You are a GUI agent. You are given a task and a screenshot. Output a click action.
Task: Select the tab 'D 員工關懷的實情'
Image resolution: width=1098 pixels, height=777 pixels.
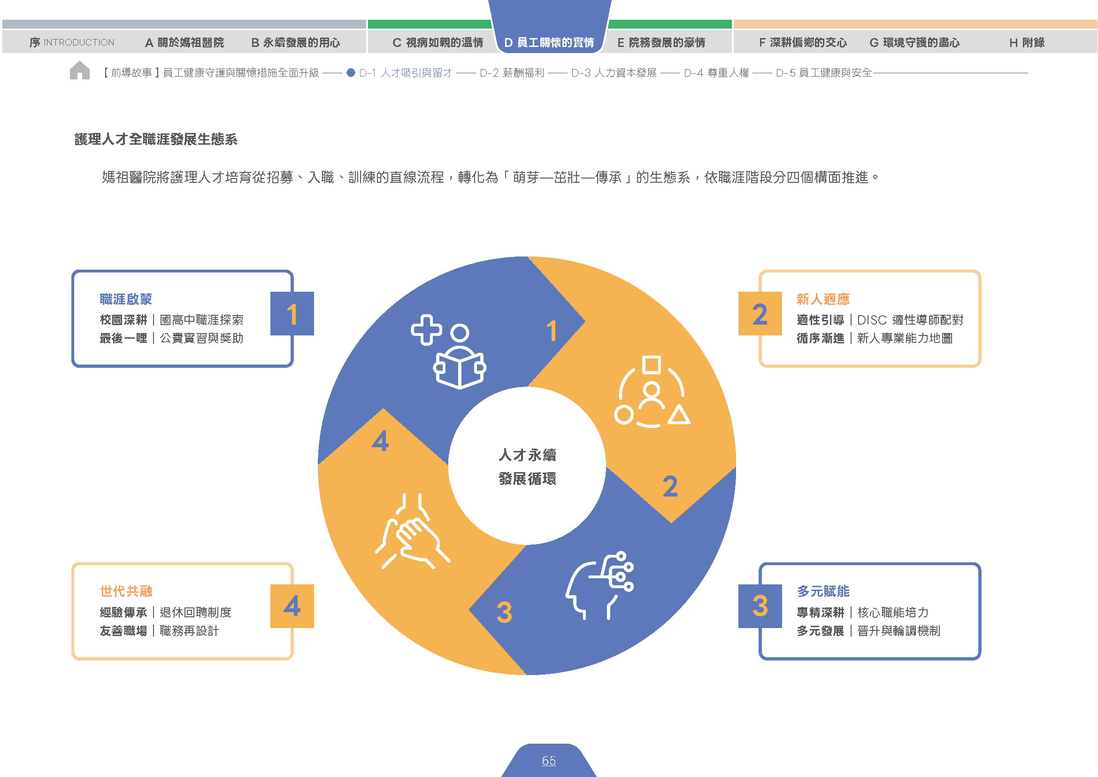click(x=549, y=43)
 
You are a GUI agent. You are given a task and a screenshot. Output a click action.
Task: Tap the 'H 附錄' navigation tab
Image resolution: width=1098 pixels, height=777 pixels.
click(x=1027, y=43)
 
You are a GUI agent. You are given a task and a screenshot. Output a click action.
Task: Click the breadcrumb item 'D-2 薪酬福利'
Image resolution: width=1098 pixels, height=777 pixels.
click(x=512, y=73)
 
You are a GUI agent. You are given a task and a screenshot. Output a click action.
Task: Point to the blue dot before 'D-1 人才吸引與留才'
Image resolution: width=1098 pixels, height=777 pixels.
click(x=351, y=73)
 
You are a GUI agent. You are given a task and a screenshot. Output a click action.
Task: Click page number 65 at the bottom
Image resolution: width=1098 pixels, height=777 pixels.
click(x=548, y=760)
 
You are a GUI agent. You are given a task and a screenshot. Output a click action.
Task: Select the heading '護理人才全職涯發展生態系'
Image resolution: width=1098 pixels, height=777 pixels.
click(x=156, y=139)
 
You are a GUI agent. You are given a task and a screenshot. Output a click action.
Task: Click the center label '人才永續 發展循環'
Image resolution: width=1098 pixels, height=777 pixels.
click(x=527, y=466)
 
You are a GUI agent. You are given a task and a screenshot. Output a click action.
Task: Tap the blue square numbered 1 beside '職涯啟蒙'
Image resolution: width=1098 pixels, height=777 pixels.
click(x=292, y=313)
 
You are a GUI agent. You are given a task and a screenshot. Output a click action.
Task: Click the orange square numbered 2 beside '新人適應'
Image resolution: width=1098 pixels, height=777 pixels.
click(x=760, y=313)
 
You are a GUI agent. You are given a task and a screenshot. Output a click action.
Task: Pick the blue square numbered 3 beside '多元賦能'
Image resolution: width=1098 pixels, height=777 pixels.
click(x=760, y=606)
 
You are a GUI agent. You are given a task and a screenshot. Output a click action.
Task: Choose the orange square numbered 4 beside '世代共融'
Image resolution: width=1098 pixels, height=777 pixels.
click(x=292, y=606)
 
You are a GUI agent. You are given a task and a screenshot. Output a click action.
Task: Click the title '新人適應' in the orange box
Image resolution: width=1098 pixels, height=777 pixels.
click(x=823, y=299)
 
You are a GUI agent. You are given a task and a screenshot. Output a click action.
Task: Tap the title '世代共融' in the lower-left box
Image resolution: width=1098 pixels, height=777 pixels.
click(x=126, y=591)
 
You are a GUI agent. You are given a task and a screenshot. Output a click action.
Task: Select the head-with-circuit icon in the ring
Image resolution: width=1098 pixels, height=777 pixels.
click(x=599, y=586)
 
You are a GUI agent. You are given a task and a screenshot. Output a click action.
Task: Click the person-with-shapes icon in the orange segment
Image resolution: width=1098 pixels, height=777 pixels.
click(x=652, y=391)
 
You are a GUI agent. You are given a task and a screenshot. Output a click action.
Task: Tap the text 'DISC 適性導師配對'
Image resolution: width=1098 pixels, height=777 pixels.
click(x=910, y=320)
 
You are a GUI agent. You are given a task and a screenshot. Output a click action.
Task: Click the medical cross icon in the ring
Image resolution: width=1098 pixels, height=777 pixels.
click(x=426, y=330)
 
